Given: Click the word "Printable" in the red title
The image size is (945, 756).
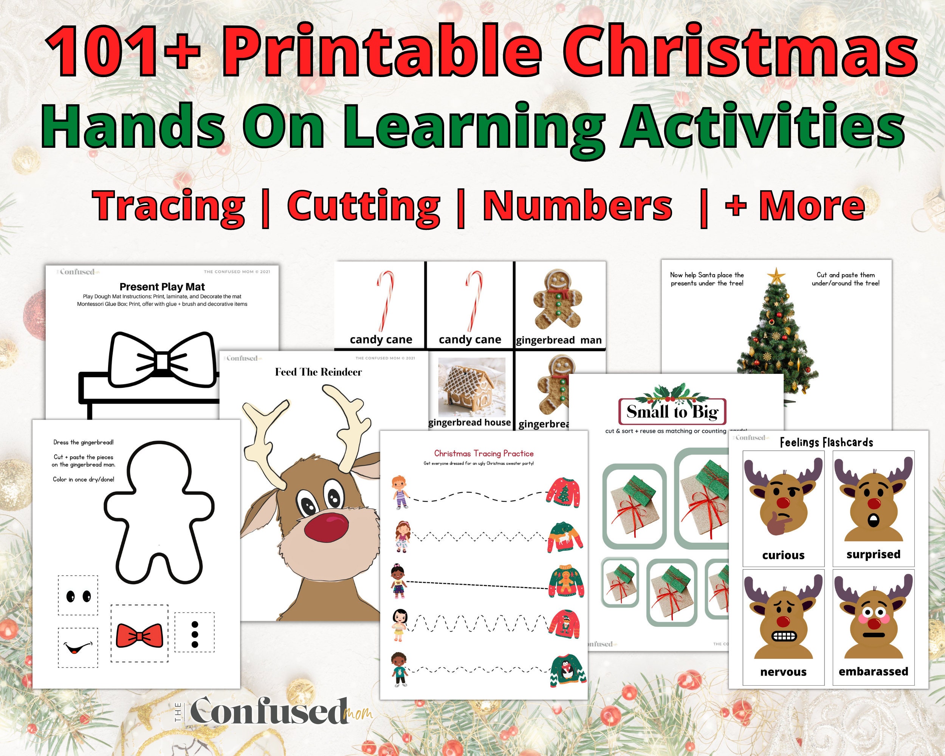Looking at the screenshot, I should [381, 52].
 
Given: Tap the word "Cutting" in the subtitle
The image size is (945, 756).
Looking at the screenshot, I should [363, 206].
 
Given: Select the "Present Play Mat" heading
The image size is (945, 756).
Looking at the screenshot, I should [162, 287].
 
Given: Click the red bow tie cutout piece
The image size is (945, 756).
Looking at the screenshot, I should [139, 636].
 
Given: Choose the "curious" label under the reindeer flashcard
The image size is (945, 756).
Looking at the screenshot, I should [783, 555].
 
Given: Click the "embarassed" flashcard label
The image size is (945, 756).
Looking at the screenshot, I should [873, 671].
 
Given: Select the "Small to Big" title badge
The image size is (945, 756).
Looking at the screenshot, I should [672, 412].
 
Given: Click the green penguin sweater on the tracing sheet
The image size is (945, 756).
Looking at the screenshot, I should [568, 669].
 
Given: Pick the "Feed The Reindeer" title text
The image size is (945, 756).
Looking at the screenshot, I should [318, 372].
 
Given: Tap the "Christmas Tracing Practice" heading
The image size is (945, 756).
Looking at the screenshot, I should [484, 454].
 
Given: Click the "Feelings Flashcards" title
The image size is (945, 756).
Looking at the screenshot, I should [826, 443].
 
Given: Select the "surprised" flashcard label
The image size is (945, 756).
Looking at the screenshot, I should [873, 555].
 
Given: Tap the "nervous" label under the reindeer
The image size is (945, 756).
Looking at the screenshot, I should [783, 672].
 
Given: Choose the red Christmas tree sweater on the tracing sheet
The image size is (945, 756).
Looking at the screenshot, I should [564, 493].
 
